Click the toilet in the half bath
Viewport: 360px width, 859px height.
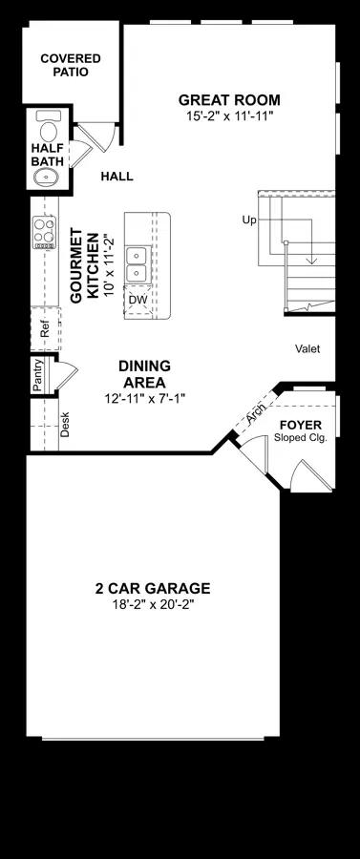pyautogui.click(x=49, y=125)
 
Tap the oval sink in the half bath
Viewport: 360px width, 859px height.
pyautogui.click(x=47, y=177)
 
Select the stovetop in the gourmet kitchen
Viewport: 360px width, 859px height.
pyautogui.click(x=44, y=232)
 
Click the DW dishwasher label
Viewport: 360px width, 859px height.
pyautogui.click(x=136, y=300)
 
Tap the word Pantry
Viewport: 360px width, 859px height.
pyautogui.click(x=37, y=375)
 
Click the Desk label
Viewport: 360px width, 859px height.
pyautogui.click(x=65, y=424)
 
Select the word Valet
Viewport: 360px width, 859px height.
pyautogui.click(x=307, y=348)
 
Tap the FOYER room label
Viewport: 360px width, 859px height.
pyautogui.click(x=301, y=425)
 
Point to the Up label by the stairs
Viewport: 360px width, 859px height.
pyautogui.click(x=249, y=220)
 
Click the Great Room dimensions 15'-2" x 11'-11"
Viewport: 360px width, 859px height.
pyautogui.click(x=229, y=115)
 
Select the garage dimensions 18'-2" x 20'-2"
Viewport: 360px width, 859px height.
pyautogui.click(x=153, y=605)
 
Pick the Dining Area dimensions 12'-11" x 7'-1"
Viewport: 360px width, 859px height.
pyautogui.click(x=145, y=399)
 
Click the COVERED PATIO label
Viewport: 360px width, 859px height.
pyautogui.click(x=71, y=65)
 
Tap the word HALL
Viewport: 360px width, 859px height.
pyautogui.click(x=116, y=177)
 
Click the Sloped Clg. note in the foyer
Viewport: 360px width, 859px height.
pyautogui.click(x=301, y=438)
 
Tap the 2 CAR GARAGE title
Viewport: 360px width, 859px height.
pyautogui.click(x=153, y=588)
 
